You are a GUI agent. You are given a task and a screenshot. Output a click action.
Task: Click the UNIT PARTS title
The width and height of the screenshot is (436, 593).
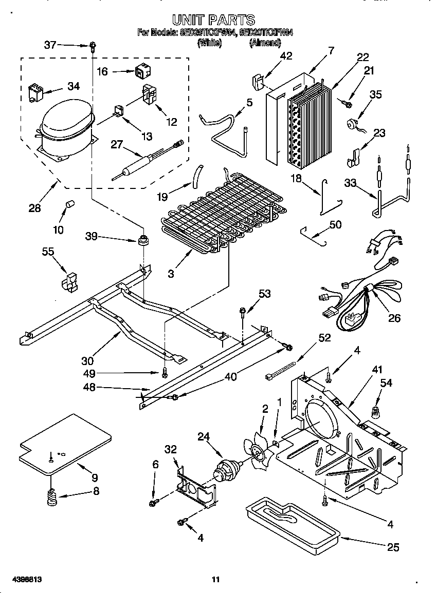point(213,20)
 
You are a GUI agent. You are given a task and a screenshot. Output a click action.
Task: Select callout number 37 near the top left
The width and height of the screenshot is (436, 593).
point(50,45)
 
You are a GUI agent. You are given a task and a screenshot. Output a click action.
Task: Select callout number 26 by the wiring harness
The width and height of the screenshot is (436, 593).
point(394,318)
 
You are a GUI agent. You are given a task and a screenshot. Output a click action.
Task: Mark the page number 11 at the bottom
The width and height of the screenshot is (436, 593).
point(216,580)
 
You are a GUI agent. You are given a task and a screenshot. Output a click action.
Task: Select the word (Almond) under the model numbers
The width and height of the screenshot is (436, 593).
point(265,44)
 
